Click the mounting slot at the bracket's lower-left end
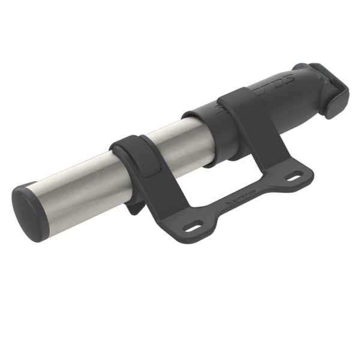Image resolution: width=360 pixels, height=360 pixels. (193, 228)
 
